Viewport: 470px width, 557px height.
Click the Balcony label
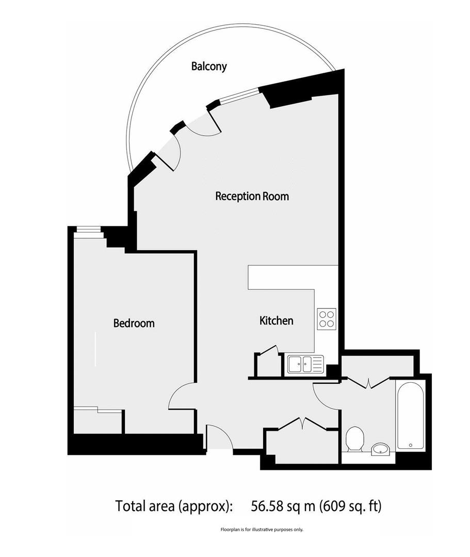[x=209, y=67]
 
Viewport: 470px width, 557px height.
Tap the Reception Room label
[x=252, y=196]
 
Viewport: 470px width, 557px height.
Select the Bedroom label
[x=134, y=323]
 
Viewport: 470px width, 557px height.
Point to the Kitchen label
[x=276, y=321]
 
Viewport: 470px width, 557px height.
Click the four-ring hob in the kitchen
[x=327, y=318]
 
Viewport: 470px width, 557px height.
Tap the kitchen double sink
[x=305, y=364]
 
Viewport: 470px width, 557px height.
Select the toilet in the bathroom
[x=354, y=438]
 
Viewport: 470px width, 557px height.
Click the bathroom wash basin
[x=381, y=449]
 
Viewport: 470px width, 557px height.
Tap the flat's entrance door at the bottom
[x=219, y=438]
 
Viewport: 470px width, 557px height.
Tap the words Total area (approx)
[x=172, y=505]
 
